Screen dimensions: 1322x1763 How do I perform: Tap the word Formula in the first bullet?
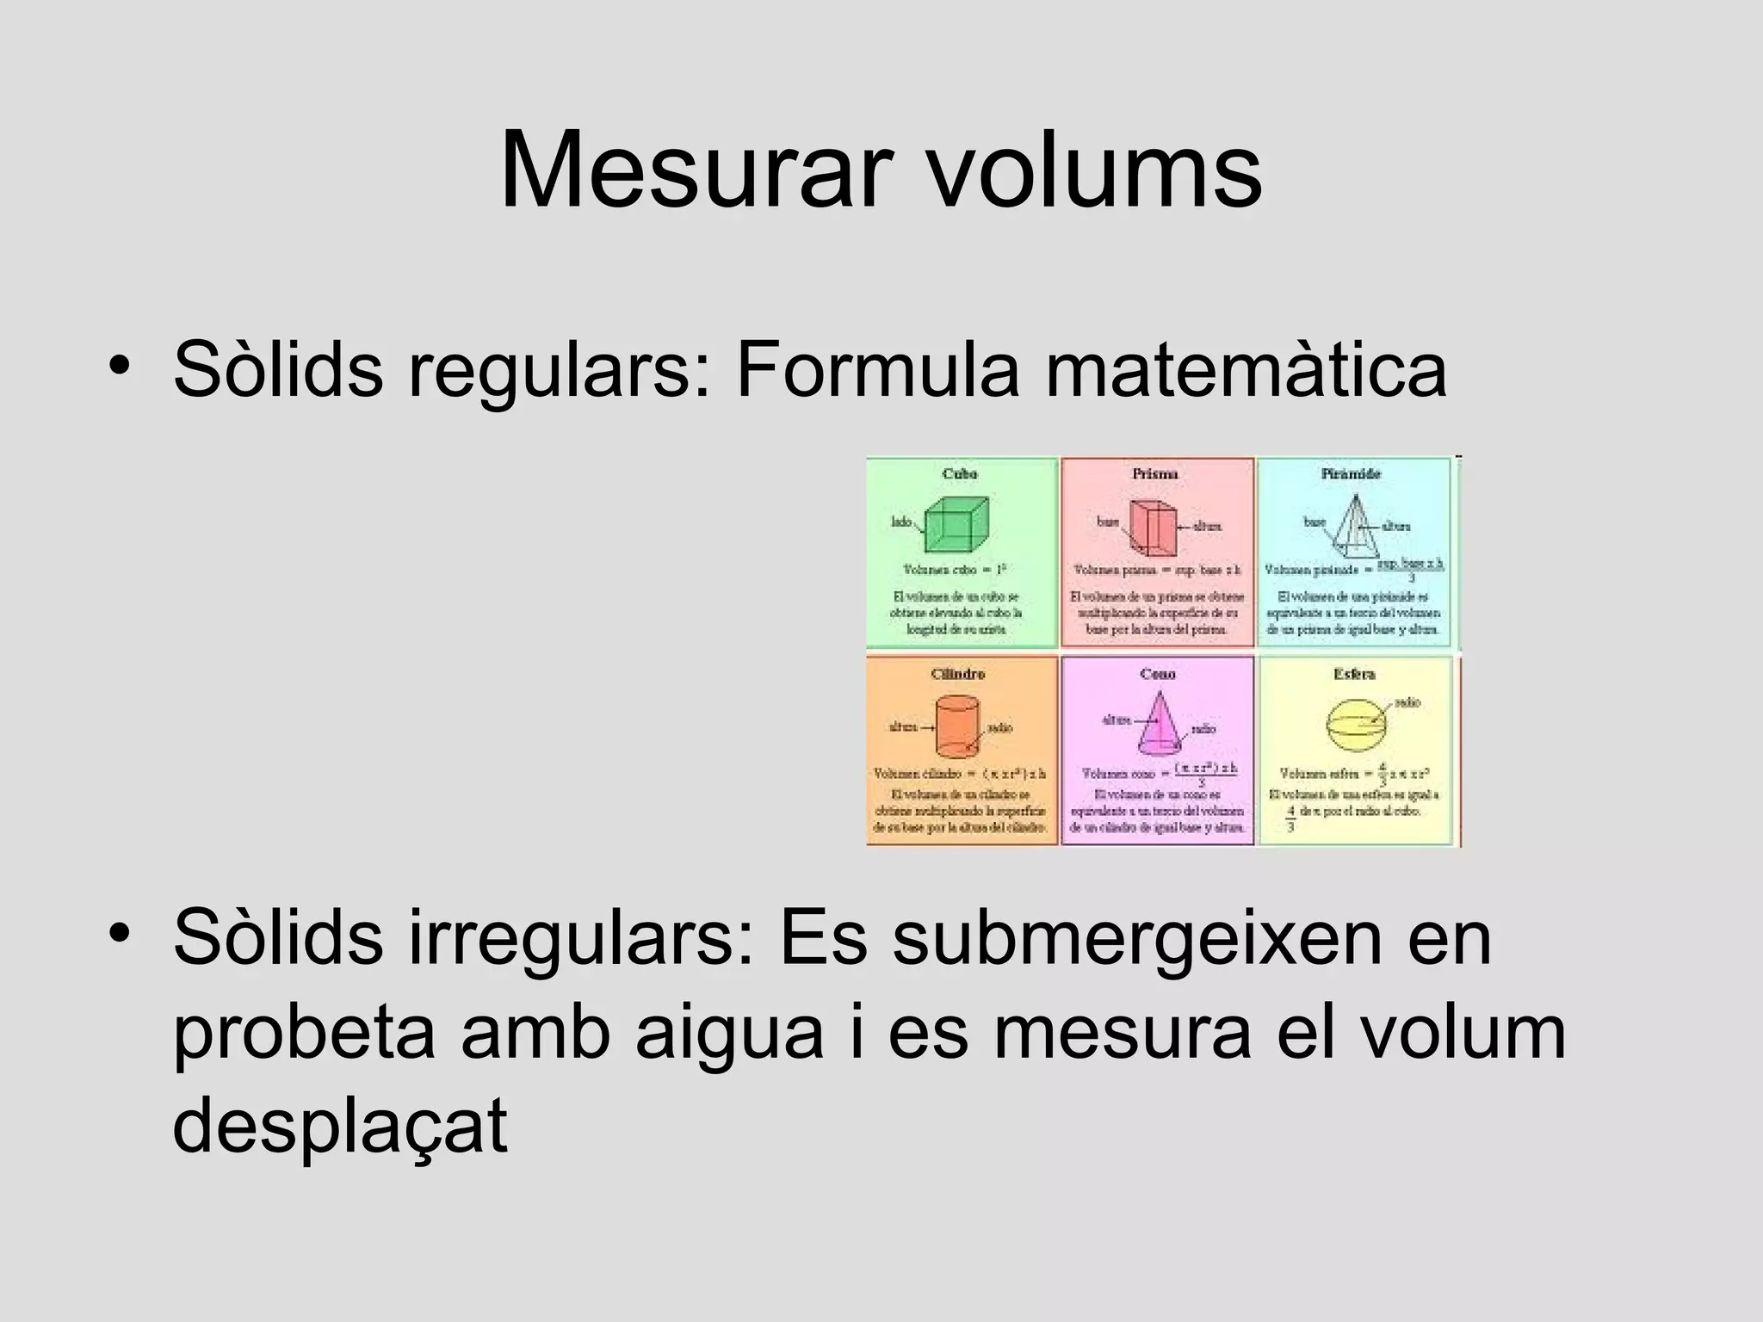(x=877, y=371)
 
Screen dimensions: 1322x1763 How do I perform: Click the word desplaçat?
(x=340, y=1127)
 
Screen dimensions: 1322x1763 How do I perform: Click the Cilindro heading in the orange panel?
(x=957, y=674)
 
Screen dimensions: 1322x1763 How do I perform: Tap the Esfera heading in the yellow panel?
(x=1354, y=674)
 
